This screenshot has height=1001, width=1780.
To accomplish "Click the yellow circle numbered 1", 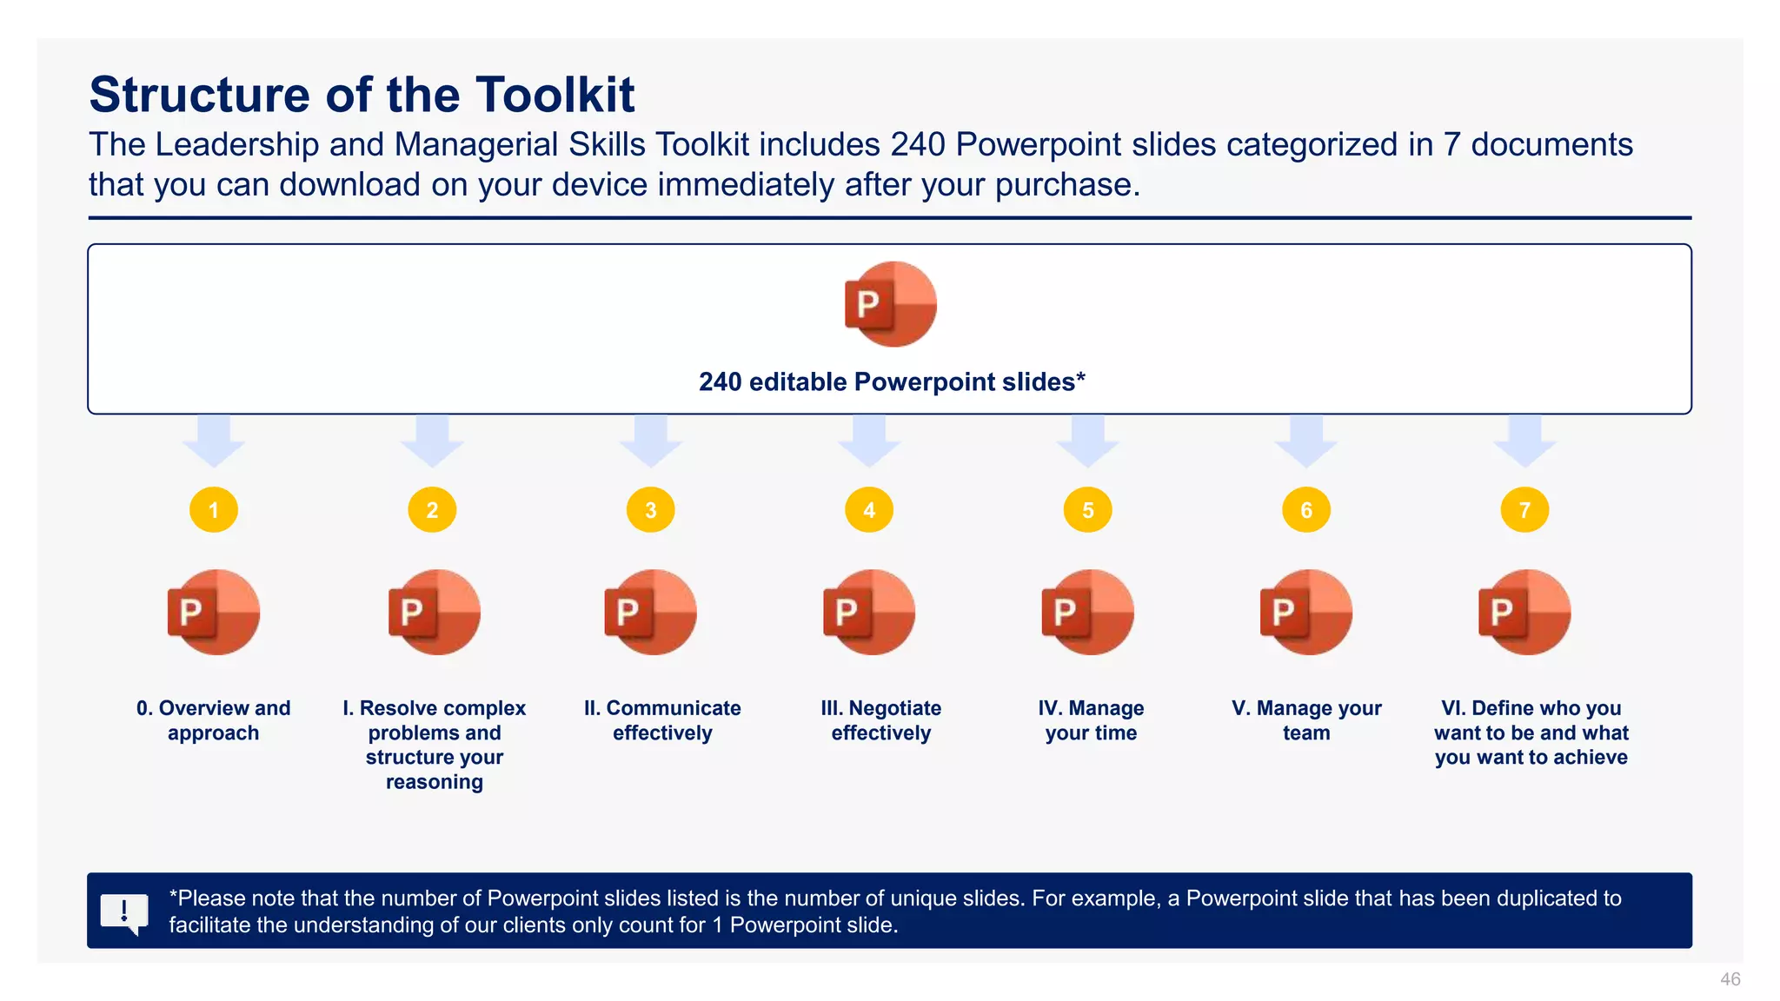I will pyautogui.click(x=214, y=510).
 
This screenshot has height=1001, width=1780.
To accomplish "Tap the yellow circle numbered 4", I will pyautogui.click(x=869, y=510).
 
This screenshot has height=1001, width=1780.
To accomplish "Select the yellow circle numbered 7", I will pyautogui.click(x=1524, y=510).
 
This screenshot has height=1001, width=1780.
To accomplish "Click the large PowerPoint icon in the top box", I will pyautogui.click(x=890, y=304).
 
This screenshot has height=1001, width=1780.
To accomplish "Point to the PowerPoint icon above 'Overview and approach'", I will pyautogui.click(x=214, y=613).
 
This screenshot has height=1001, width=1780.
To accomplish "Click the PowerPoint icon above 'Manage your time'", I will pyautogui.click(x=1087, y=613).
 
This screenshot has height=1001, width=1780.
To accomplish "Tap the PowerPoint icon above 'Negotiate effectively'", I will pyautogui.click(x=869, y=613).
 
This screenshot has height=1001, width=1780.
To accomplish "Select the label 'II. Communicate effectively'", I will pyautogui.click(x=662, y=720).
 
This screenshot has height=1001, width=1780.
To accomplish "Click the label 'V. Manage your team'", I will pyautogui.click(x=1306, y=720).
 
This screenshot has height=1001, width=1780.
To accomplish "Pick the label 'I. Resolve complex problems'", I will pyautogui.click(x=435, y=745).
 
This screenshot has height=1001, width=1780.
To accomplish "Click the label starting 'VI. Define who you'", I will pyautogui.click(x=1531, y=733).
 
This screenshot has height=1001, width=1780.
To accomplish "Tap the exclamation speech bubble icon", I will pyautogui.click(x=124, y=912).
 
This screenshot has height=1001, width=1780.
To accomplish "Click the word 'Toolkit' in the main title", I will pyautogui.click(x=555, y=95).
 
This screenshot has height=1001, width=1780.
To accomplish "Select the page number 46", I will pyautogui.click(x=1730, y=979).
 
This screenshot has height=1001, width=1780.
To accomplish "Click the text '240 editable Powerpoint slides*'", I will pyautogui.click(x=892, y=382).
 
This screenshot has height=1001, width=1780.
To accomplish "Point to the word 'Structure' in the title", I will pyautogui.click(x=200, y=95).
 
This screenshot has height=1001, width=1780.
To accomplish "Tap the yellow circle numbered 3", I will pyautogui.click(x=651, y=510).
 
